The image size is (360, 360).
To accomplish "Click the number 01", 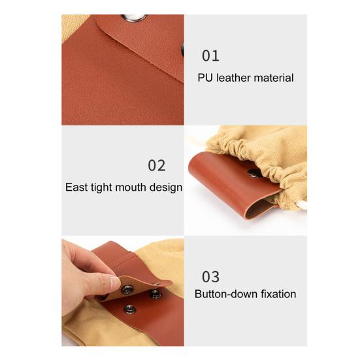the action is click(210, 56).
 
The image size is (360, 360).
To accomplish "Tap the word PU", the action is click(205, 78).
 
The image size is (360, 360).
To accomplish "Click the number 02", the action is click(157, 165).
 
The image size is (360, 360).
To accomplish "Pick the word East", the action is click(76, 187).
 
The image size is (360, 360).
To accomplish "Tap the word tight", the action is click(102, 188).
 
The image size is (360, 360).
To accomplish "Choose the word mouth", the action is click(131, 187).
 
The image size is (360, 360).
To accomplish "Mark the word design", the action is click(166, 188).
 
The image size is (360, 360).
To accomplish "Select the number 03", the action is click(210, 276).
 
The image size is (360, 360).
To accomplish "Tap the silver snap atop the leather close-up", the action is click(134, 18).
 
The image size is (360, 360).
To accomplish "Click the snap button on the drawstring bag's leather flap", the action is click(254, 173).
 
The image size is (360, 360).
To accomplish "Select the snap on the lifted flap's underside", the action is click(127, 289).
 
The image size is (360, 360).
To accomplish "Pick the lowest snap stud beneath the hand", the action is click(130, 309).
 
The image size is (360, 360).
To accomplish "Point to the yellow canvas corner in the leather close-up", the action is click(73, 26).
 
